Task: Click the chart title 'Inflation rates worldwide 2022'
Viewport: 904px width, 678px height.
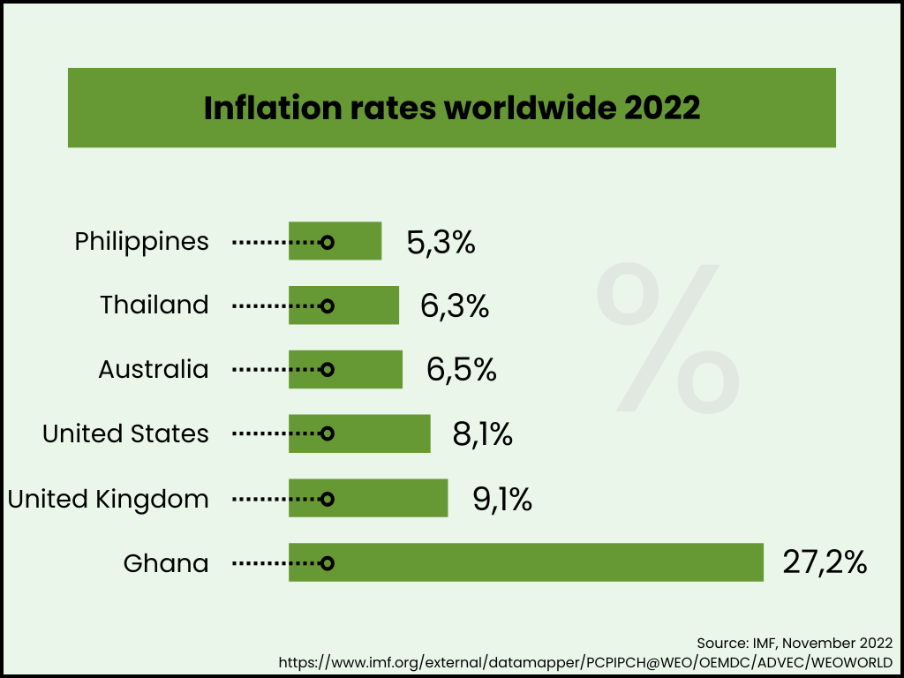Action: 452,108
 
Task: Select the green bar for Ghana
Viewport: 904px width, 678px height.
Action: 547,562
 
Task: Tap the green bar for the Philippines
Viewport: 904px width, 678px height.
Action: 358,241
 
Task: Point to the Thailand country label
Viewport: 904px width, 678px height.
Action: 154,305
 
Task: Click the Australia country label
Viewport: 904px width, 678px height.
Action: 154,369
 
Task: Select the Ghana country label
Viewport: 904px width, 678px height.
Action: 166,563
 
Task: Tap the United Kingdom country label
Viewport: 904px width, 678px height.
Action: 109,499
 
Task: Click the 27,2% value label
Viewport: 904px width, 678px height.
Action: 825,562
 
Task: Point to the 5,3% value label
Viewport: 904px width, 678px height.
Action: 441,242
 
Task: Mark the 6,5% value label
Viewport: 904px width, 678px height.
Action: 461,369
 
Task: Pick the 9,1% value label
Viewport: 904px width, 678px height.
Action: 502,499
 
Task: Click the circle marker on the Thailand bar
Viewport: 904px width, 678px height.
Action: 327,305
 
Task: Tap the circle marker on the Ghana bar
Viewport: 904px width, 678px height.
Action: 327,562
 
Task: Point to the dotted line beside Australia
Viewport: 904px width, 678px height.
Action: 274,370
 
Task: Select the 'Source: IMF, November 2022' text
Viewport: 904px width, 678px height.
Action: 794,642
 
